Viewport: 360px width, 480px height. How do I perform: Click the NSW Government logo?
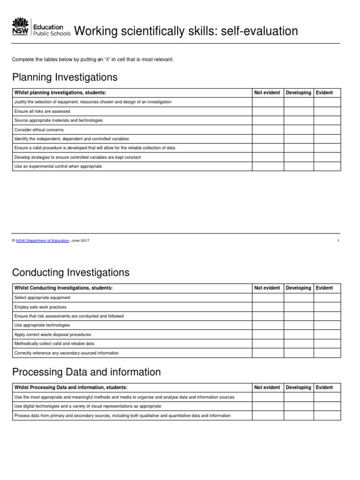pyautogui.click(x=20, y=27)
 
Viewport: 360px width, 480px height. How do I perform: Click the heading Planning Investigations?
pyautogui.click(x=65, y=77)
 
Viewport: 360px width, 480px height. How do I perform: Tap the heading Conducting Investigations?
pyautogui.click(x=70, y=272)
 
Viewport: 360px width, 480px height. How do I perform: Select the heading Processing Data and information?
pyautogui.click(x=86, y=372)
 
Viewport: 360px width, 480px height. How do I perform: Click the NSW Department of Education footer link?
pyautogui.click(x=43, y=240)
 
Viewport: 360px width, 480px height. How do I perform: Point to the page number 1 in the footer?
pyautogui.click(x=338, y=240)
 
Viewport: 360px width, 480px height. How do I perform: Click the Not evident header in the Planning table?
pyautogui.click(x=267, y=93)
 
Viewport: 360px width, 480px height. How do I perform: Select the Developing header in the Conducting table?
pyautogui.click(x=298, y=288)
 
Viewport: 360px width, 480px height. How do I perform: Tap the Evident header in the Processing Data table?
pyautogui.click(x=324, y=388)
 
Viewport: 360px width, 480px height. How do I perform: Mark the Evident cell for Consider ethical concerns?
pyautogui.click(x=327, y=129)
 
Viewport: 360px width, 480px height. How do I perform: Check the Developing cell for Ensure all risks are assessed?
pyautogui.click(x=298, y=111)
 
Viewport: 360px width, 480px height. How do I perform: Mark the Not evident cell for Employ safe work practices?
pyautogui.click(x=267, y=307)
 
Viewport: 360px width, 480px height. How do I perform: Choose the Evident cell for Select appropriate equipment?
pyautogui.click(x=327, y=298)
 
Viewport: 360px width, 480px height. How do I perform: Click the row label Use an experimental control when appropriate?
pyautogui.click(x=58, y=166)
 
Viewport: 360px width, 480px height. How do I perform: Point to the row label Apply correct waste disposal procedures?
pyautogui.click(x=52, y=335)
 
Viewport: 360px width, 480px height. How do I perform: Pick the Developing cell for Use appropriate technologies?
pyautogui.click(x=298, y=325)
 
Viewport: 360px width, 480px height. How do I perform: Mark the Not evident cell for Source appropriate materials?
pyautogui.click(x=267, y=120)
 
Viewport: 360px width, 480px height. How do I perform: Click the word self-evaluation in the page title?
pyautogui.click(x=261, y=31)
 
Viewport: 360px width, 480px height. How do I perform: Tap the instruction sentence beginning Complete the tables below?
pyautogui.click(x=93, y=59)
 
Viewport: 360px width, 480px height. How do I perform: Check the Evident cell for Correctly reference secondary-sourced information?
pyautogui.click(x=327, y=353)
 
